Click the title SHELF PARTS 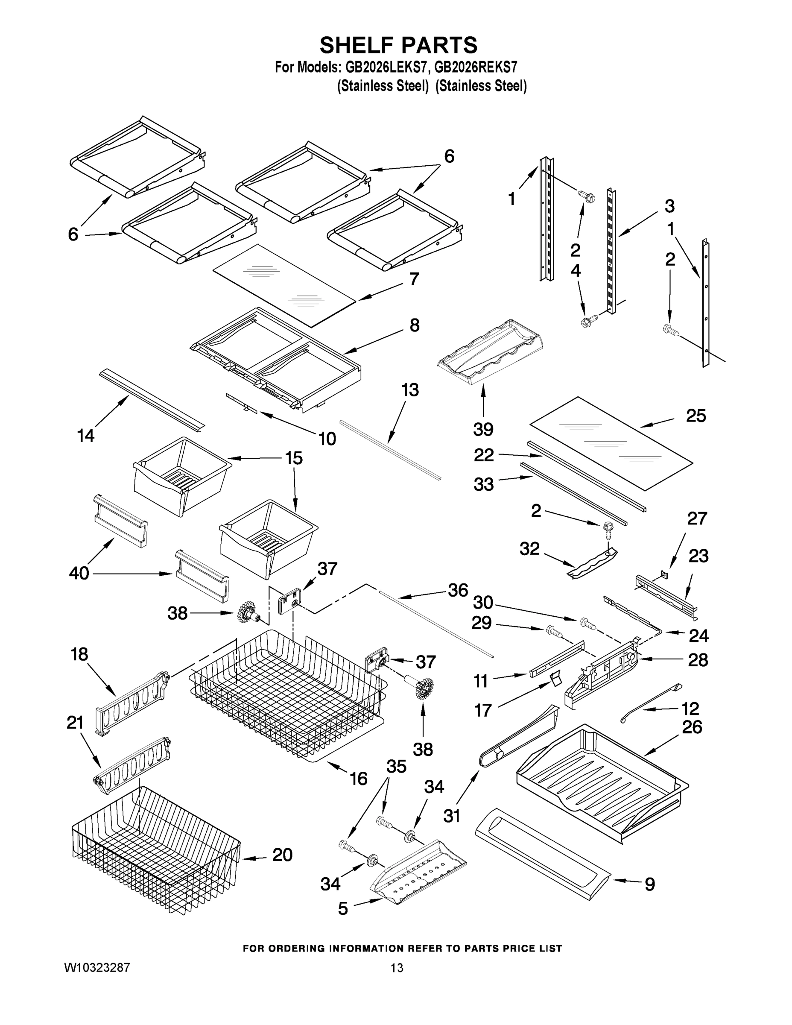[x=398, y=46]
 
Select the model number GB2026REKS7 [x=475, y=67]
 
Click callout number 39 [x=483, y=428]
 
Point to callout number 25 [x=696, y=416]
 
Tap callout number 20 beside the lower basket [x=283, y=855]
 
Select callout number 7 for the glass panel [x=413, y=279]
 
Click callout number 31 [x=452, y=816]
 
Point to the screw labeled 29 [x=553, y=632]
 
